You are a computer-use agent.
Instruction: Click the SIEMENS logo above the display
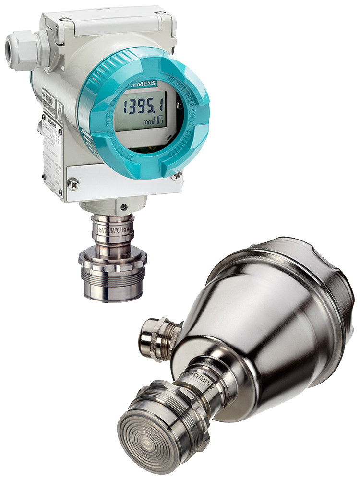pyautogui.click(x=144, y=84)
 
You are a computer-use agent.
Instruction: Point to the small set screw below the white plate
pyautogui.click(x=124, y=207)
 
